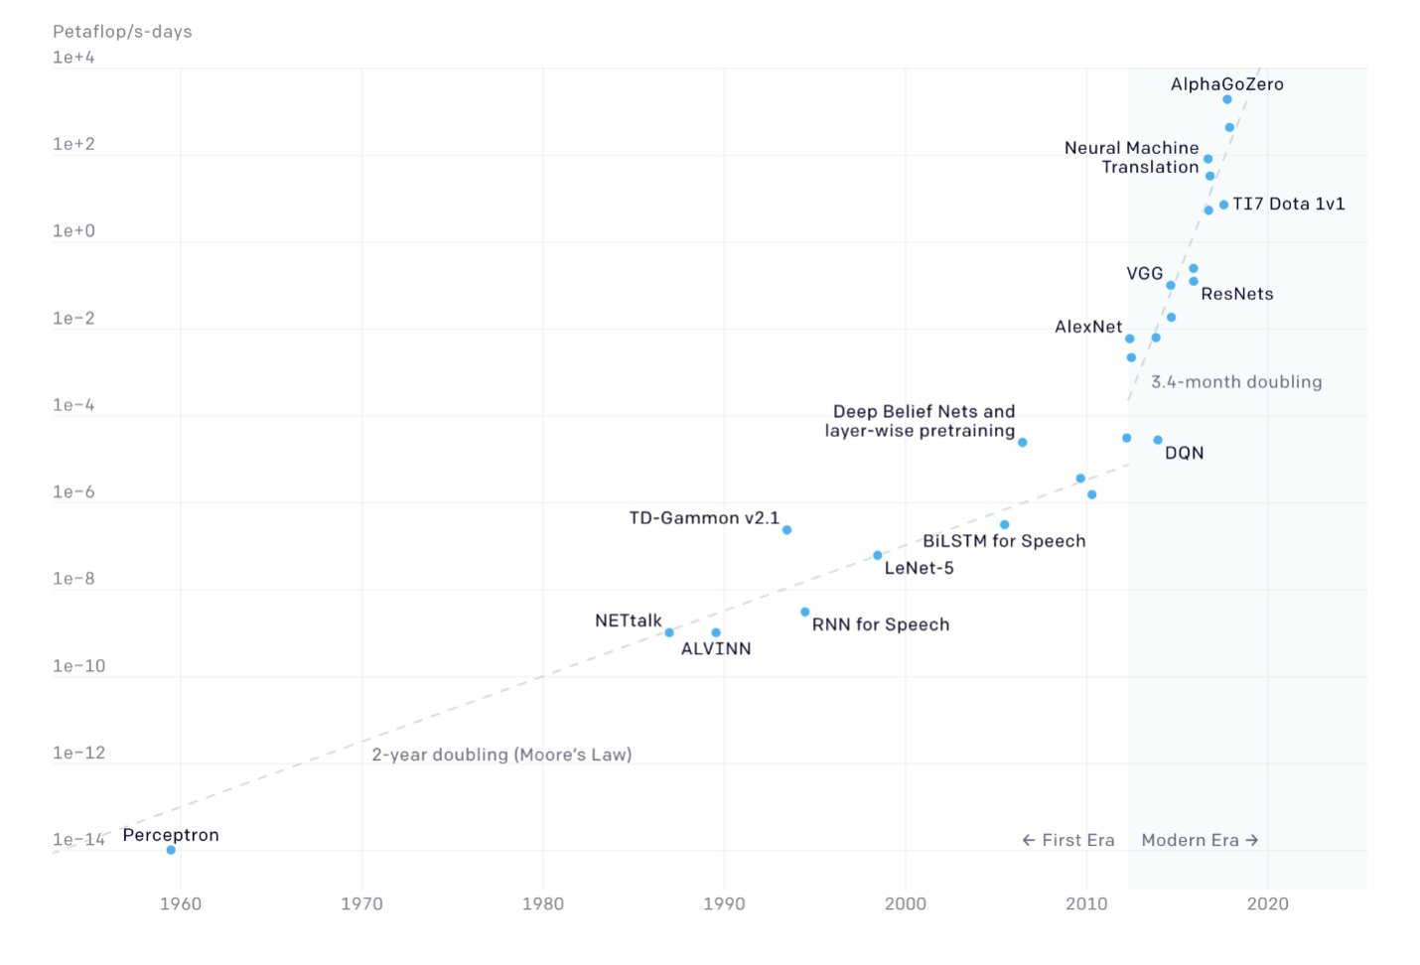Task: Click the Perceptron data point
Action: [x=171, y=850]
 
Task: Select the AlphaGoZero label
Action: [x=1226, y=84]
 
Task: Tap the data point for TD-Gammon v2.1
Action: [x=786, y=530]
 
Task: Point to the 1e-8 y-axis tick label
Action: [x=73, y=579]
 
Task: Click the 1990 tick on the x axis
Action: [x=724, y=903]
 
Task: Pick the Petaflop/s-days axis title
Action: [x=122, y=32]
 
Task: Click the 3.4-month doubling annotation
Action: [x=1236, y=382]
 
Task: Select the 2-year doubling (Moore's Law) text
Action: [x=501, y=755]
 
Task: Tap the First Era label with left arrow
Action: [x=1068, y=840]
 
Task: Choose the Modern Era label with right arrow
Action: [x=1200, y=840]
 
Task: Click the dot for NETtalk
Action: [x=669, y=632]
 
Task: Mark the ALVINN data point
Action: [x=716, y=632]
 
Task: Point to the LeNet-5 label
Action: [x=919, y=568]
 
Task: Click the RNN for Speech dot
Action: [x=804, y=612]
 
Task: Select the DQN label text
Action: [x=1184, y=454]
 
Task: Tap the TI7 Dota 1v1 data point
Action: [x=1223, y=205]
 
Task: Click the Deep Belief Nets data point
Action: [x=1022, y=443]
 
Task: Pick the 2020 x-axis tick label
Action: [x=1268, y=903]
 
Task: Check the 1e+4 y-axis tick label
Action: [x=73, y=58]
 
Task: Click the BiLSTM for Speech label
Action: [x=1004, y=541]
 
